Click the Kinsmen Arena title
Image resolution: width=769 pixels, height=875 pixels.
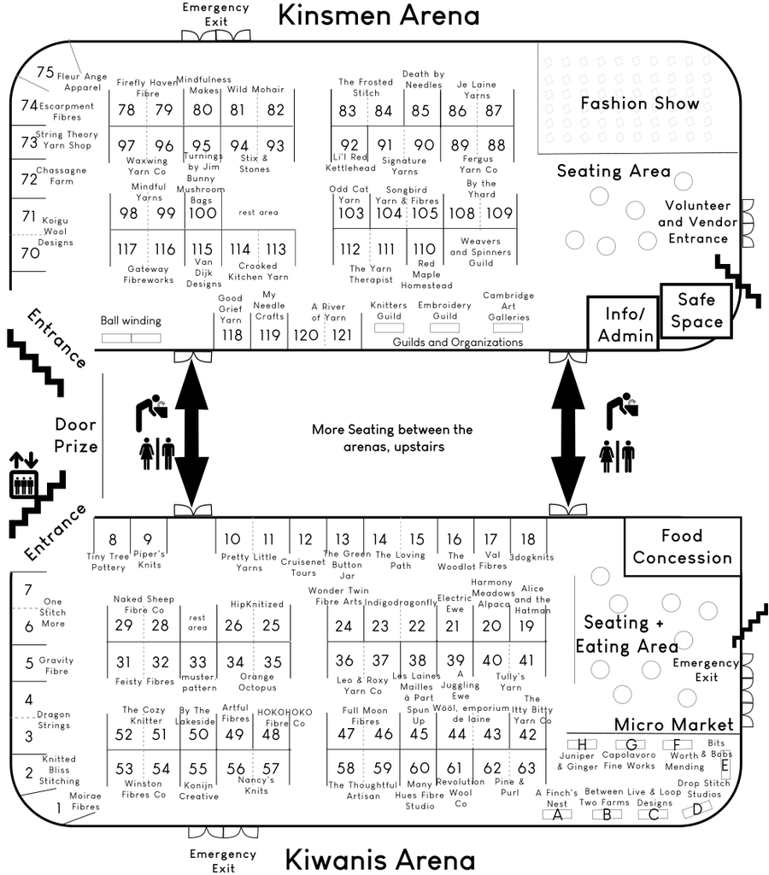click(x=379, y=15)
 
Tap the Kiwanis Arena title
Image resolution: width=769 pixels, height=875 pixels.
click(x=380, y=860)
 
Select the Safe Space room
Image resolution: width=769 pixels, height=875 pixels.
click(x=696, y=311)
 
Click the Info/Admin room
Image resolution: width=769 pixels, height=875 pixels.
click(x=623, y=324)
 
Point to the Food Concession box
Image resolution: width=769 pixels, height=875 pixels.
click(x=683, y=547)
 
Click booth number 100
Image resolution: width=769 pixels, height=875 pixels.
click(x=203, y=213)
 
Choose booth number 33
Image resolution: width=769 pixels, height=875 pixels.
click(x=198, y=662)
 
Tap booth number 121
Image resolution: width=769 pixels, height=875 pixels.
click(x=342, y=335)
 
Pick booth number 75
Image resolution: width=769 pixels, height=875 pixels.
click(x=45, y=72)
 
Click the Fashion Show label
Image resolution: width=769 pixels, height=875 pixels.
click(x=639, y=103)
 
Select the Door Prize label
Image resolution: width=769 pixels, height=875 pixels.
click(x=76, y=435)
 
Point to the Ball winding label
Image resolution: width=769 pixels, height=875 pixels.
click(x=131, y=321)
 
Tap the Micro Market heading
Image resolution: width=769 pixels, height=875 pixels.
click(x=673, y=725)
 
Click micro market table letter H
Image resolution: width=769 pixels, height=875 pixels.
click(x=582, y=744)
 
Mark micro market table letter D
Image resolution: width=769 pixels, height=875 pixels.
click(x=697, y=808)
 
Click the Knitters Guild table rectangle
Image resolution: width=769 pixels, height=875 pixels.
click(x=389, y=328)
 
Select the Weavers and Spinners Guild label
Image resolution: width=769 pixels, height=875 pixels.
click(x=480, y=252)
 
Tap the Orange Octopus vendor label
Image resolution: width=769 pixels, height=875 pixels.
click(x=256, y=682)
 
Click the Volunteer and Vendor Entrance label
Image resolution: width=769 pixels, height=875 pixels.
click(x=697, y=222)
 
